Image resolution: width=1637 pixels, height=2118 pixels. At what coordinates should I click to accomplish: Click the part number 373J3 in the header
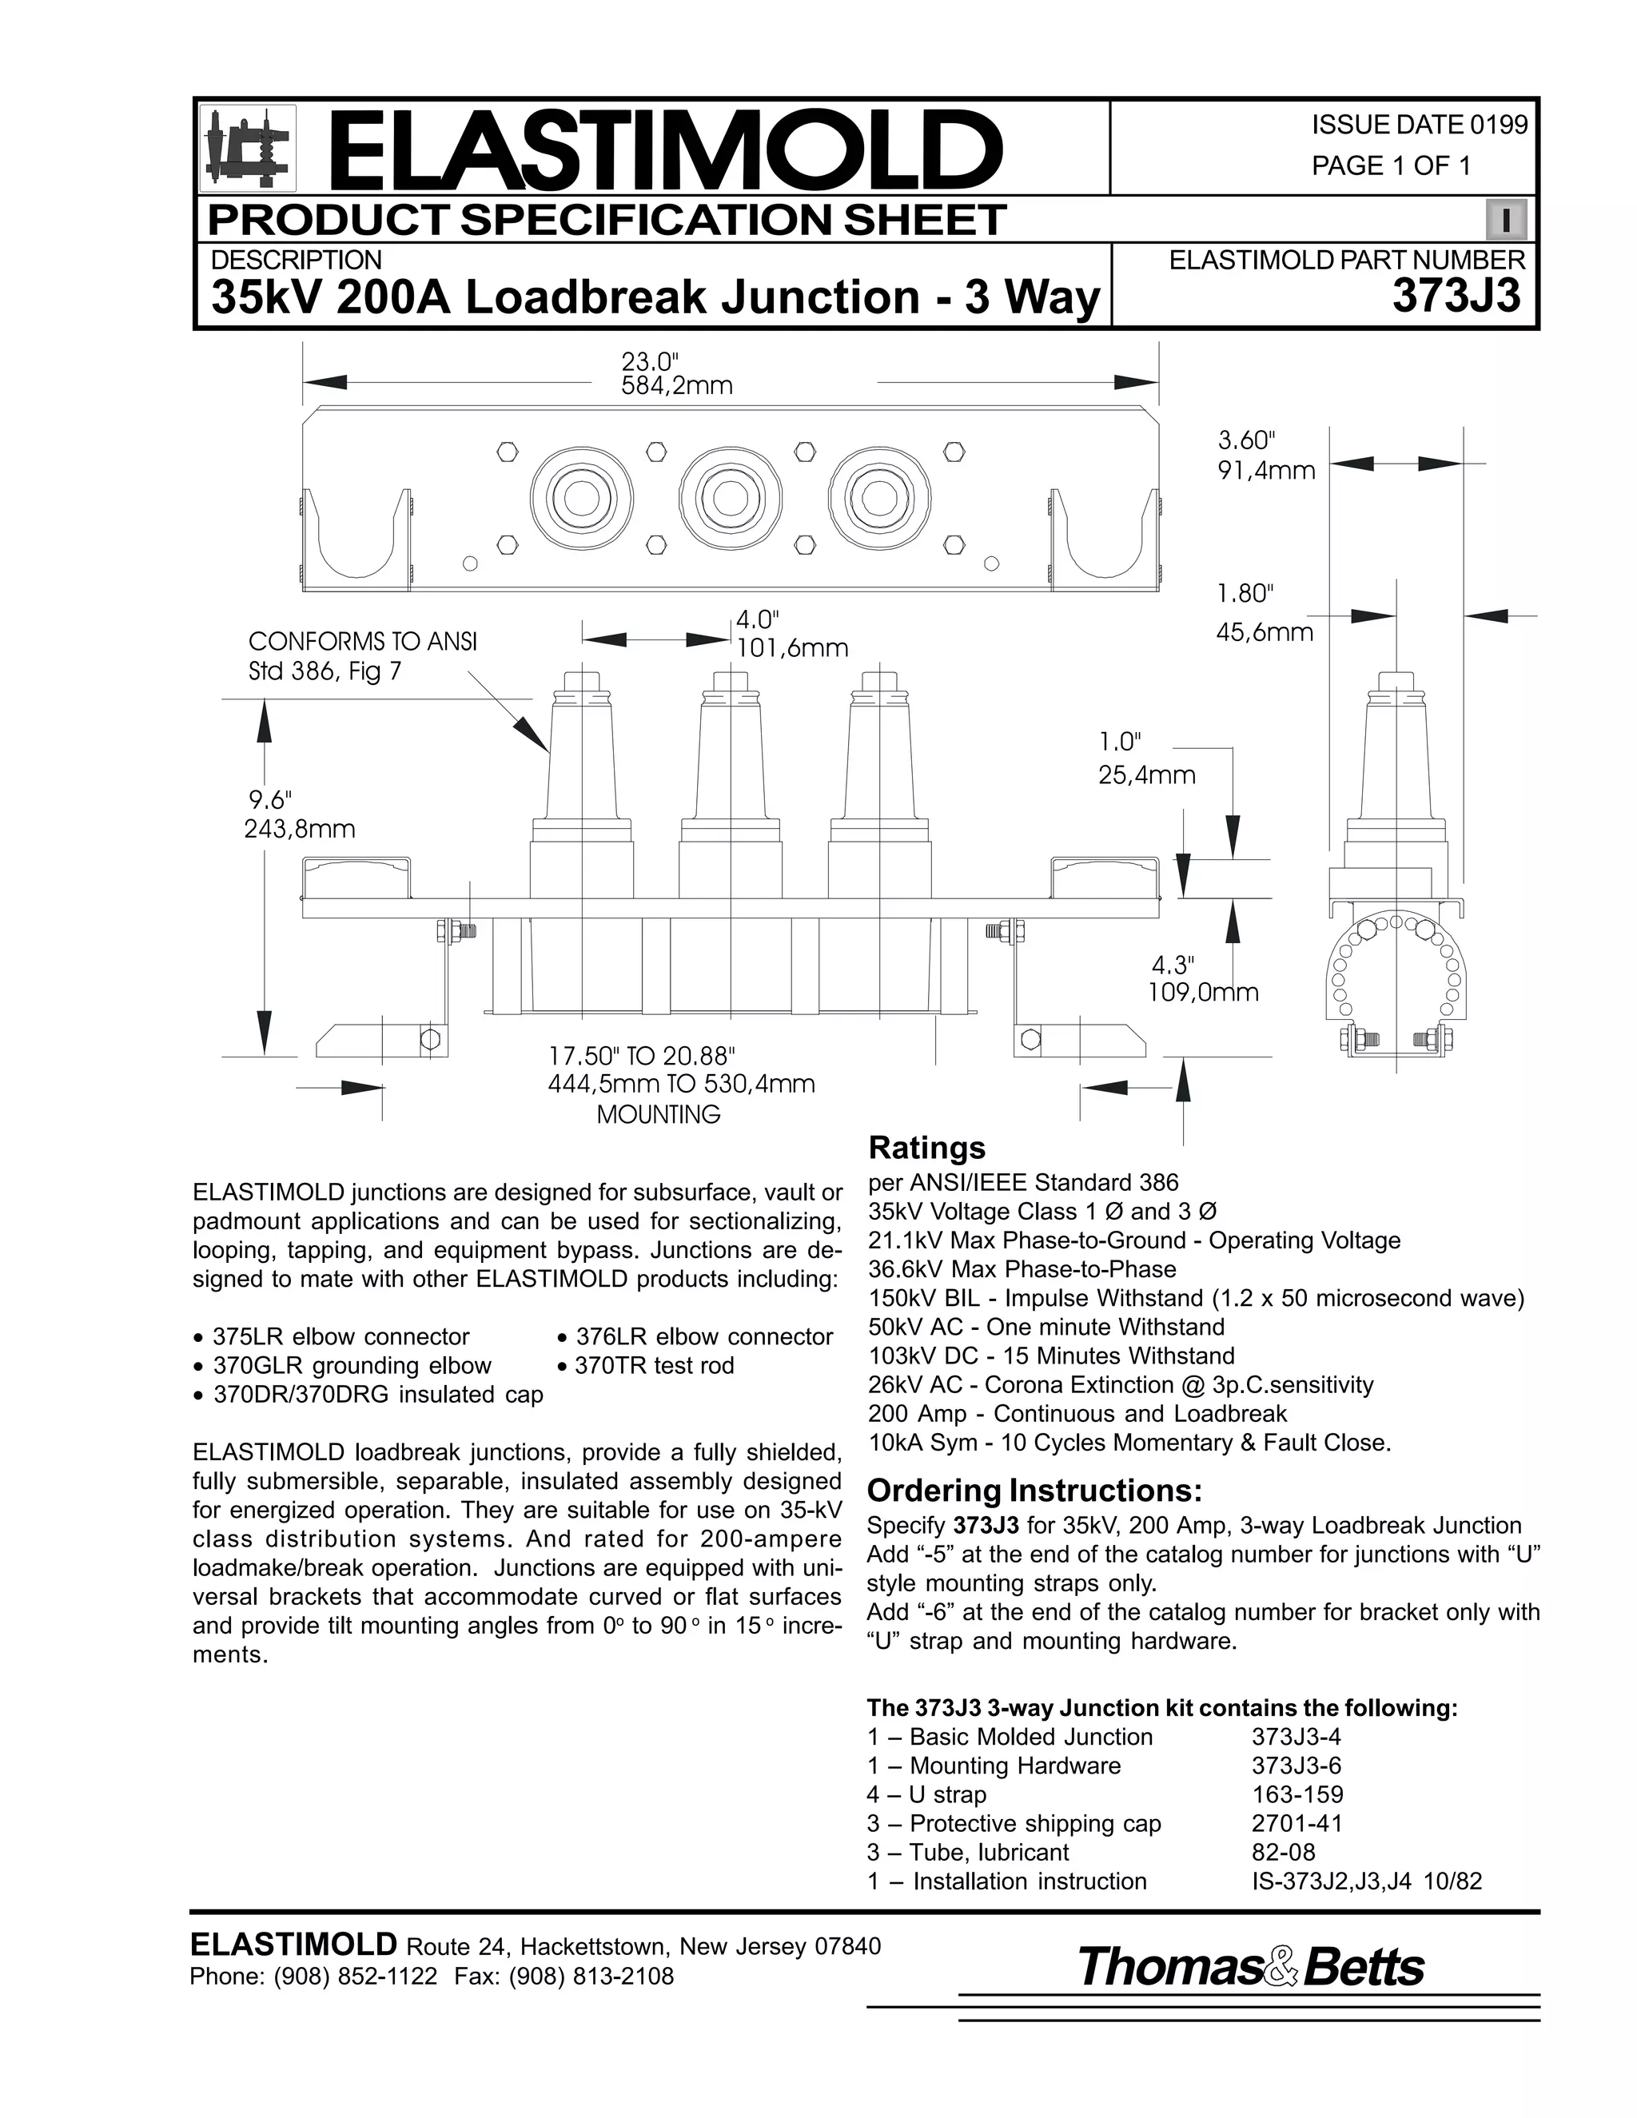pos(1456,297)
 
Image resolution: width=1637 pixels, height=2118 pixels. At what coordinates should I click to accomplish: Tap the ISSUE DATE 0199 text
pos(1419,125)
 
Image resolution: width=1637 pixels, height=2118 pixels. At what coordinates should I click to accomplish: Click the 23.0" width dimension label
pos(676,373)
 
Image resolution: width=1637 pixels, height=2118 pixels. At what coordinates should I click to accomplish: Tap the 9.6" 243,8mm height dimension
pos(299,814)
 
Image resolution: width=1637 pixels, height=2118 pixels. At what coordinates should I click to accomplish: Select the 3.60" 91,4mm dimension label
pos(1265,456)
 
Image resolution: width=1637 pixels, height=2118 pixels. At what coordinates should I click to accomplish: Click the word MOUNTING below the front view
pos(659,1115)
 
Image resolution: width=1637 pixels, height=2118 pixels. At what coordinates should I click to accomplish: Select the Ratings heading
pos(926,1149)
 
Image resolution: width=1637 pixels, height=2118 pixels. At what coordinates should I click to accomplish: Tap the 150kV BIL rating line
pos(1196,1299)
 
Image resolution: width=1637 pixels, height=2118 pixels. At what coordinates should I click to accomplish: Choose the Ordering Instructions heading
pos(1034,1490)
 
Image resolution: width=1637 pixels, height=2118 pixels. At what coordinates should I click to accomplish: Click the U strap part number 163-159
pos(1296,1795)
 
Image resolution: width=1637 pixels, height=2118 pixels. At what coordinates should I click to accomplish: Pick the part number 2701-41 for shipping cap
pos(1296,1824)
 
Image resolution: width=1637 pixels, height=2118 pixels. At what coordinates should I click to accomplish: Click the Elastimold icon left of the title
pos(246,149)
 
